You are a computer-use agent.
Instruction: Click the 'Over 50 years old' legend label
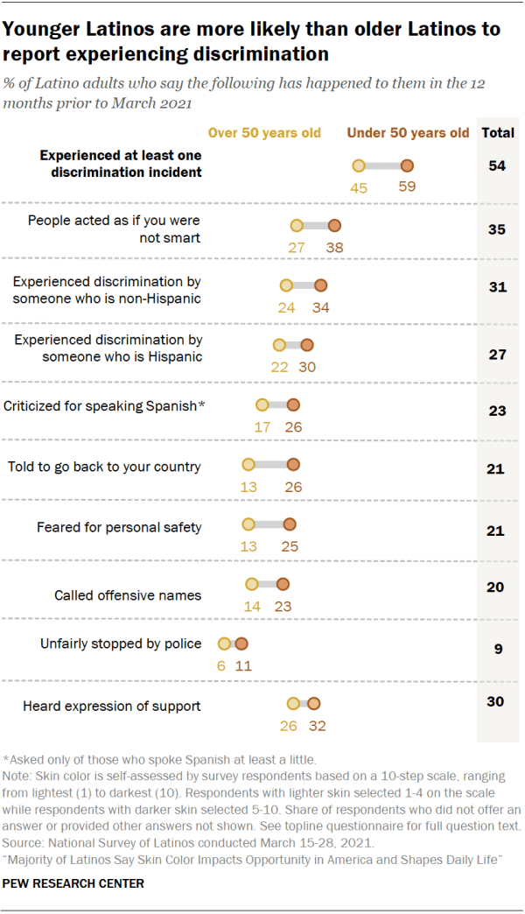[263, 134]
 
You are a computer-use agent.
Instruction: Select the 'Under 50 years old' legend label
[408, 134]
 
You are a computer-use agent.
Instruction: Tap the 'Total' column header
[498, 134]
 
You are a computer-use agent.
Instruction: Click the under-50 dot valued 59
[407, 165]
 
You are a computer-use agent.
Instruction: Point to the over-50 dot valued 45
[358, 165]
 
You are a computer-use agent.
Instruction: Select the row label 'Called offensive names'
[128, 595]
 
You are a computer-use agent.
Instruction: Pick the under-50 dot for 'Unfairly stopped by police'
[241, 643]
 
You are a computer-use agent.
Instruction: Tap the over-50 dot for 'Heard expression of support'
[294, 703]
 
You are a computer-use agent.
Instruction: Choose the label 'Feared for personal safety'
[119, 527]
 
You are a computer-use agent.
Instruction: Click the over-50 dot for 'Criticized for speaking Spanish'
[262, 404]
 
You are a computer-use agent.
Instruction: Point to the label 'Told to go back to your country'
[104, 466]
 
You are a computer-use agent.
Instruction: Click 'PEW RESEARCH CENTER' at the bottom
[73, 883]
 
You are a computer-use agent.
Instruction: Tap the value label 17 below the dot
[262, 426]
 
